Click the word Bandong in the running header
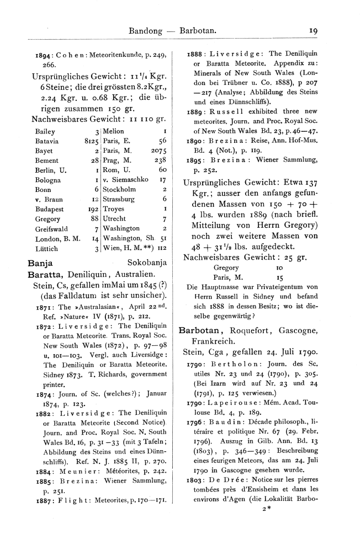point(146,31)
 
